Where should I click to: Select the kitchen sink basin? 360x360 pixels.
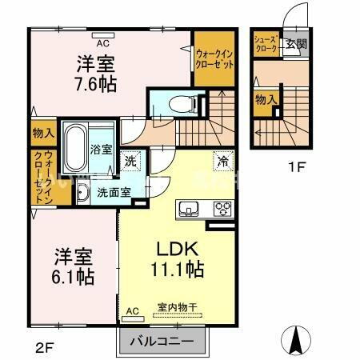189,209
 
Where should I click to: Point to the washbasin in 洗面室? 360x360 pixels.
84,193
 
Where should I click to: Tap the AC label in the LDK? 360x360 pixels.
132,311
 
